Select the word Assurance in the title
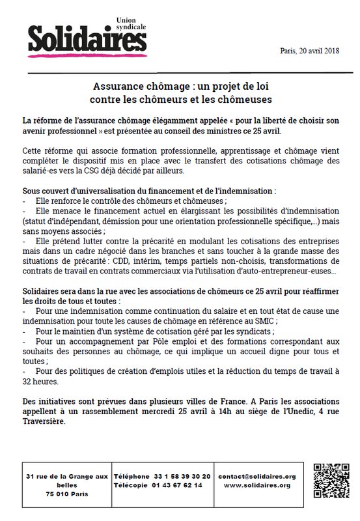(x=115, y=87)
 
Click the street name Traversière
(x=44, y=421)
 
